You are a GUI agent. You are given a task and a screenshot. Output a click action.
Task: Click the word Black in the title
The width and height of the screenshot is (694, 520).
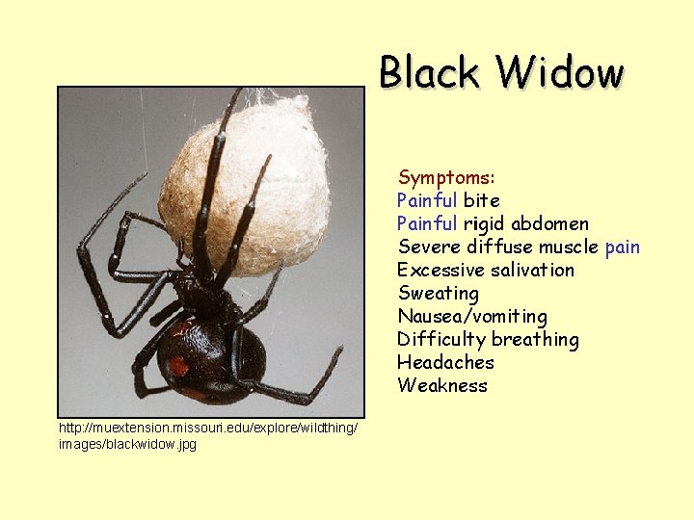click(x=429, y=72)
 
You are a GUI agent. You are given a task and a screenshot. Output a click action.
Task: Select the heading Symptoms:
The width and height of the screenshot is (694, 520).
click(x=446, y=177)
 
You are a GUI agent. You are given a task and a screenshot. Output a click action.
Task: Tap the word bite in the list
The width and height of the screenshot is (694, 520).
click(x=482, y=200)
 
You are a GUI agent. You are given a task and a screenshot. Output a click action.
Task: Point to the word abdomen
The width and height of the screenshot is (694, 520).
click(x=549, y=223)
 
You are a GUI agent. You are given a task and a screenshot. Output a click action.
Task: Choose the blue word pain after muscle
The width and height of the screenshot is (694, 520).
click(x=623, y=247)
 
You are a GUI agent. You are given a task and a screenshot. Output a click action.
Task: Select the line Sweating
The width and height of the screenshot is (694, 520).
click(x=438, y=293)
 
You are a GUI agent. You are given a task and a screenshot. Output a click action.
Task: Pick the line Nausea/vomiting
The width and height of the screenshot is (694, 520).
click(x=471, y=316)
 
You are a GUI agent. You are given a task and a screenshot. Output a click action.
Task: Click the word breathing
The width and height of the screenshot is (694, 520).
click(x=535, y=339)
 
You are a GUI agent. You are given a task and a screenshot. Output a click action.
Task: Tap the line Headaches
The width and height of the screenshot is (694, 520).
click(x=445, y=362)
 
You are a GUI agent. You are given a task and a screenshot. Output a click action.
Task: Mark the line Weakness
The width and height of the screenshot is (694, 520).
click(x=442, y=385)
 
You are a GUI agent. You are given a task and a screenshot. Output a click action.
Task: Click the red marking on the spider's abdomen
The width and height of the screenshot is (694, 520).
click(x=178, y=367)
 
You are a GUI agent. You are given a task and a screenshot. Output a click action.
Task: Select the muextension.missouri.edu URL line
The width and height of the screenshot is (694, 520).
click(x=207, y=427)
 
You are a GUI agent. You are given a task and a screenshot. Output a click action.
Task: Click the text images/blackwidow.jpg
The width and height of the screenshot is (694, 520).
click(x=127, y=444)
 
